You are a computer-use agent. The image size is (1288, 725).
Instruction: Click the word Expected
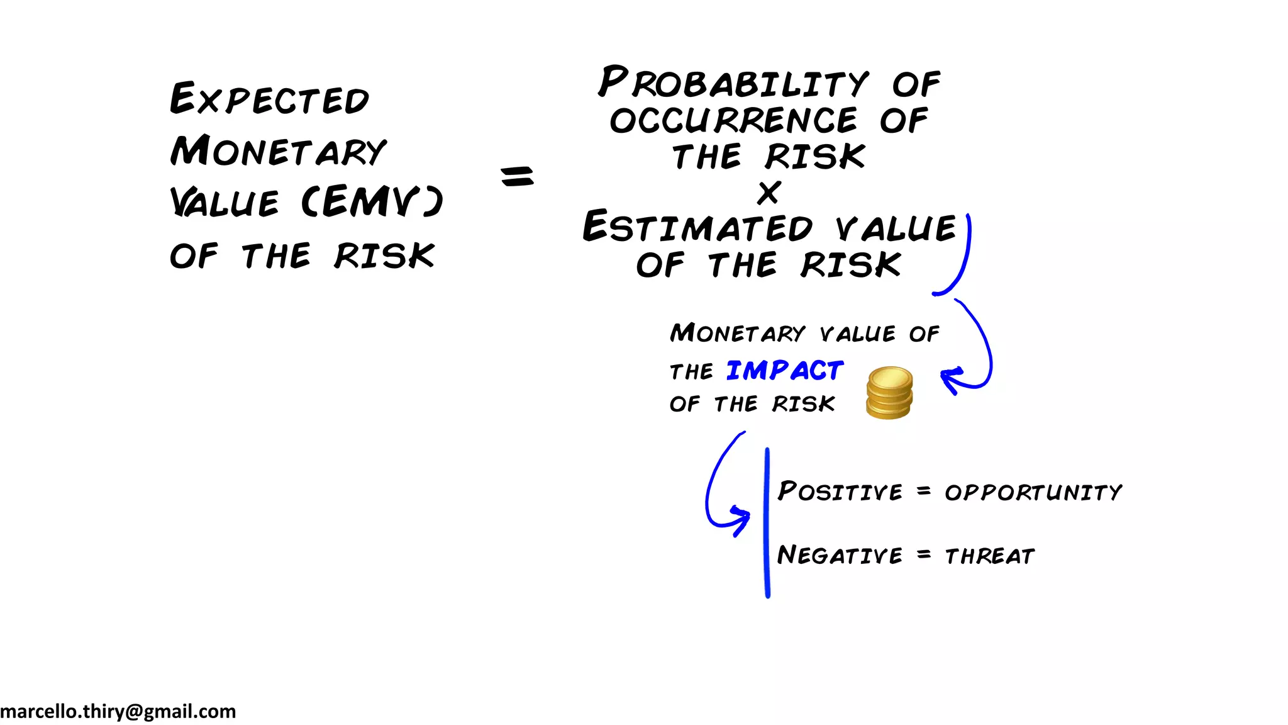(269, 99)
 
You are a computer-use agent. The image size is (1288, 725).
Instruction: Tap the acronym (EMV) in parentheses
(372, 202)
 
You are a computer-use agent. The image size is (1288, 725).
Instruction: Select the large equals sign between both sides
(517, 176)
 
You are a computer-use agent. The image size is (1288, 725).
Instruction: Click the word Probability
(733, 83)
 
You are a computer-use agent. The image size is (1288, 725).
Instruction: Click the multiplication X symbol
(769, 193)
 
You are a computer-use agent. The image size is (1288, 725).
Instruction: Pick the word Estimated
(697, 227)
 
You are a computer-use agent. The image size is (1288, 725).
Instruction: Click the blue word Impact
(785, 371)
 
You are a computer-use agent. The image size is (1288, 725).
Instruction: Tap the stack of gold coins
(889, 393)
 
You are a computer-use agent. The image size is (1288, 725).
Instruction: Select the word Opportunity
(1033, 492)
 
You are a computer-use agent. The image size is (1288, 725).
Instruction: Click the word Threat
(990, 556)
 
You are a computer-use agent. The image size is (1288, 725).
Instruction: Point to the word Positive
(840, 491)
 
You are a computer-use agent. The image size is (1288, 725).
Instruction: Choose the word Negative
(840, 555)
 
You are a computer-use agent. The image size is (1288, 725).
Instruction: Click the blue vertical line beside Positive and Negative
(767, 522)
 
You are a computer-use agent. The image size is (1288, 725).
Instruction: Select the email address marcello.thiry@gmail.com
(118, 712)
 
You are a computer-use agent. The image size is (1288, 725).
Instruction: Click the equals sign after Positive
(923, 491)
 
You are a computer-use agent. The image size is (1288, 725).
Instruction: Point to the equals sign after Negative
(923, 555)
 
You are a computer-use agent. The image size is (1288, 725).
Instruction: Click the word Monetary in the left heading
(279, 152)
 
